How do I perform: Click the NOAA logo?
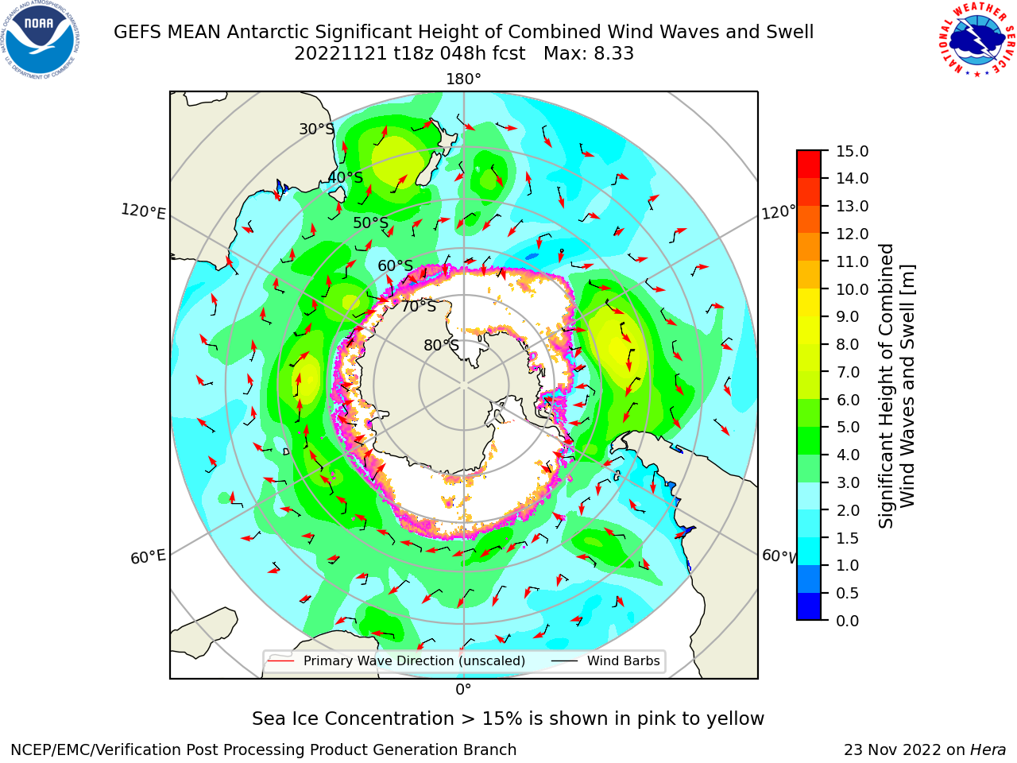tap(40, 40)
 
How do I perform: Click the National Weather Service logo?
tap(977, 40)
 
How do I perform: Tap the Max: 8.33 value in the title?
tap(589, 54)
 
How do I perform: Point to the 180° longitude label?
tap(463, 79)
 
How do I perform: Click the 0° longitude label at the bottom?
tap(463, 690)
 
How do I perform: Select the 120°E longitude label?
tap(143, 211)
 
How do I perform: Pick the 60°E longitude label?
tap(148, 557)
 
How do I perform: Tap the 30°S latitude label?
tap(316, 129)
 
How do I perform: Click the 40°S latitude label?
tap(346, 177)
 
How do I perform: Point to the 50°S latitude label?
tap(371, 223)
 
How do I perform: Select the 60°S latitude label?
tap(395, 265)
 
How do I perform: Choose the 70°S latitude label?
tap(419, 306)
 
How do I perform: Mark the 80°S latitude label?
tap(442, 345)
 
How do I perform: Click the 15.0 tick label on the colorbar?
tap(852, 151)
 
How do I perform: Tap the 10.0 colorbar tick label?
tap(852, 289)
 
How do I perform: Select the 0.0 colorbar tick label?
tap(848, 621)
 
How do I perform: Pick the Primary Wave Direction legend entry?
tap(397, 660)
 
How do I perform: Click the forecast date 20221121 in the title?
tap(341, 54)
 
